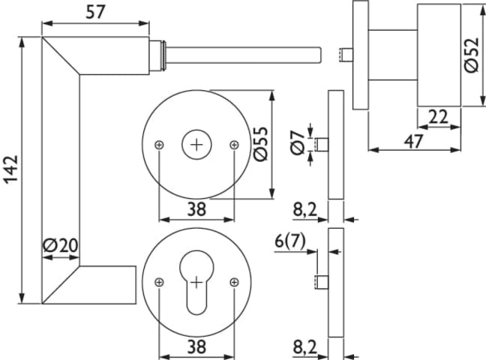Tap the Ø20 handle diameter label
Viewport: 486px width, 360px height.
tap(61, 245)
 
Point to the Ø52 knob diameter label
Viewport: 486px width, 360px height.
tap(471, 56)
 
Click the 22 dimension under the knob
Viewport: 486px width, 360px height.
tap(439, 117)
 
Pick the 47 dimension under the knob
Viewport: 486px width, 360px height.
tap(414, 140)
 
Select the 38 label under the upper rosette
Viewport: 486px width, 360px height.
tap(196, 210)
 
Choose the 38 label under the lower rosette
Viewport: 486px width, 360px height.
tap(196, 347)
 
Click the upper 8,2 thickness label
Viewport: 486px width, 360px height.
tap(304, 211)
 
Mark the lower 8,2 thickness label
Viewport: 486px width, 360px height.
tap(304, 347)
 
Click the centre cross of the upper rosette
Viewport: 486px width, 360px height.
tap(196, 144)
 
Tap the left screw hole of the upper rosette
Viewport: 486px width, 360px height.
tap(159, 144)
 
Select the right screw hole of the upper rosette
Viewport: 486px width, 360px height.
tap(234, 144)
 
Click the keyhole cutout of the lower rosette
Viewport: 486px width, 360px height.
tap(196, 286)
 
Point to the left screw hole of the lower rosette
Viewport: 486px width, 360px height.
tap(159, 282)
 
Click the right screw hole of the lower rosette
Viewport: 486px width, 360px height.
tap(234, 282)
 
